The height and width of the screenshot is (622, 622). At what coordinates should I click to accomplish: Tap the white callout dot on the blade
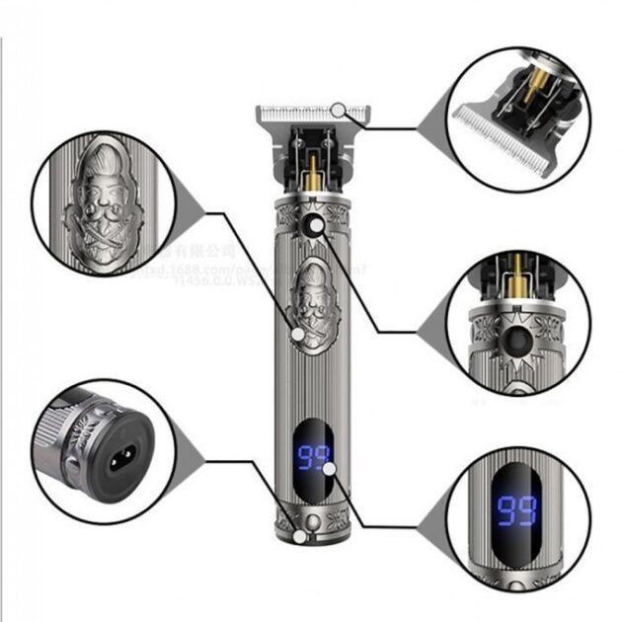(x=339, y=109)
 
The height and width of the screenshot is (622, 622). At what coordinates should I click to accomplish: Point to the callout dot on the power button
(x=316, y=226)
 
